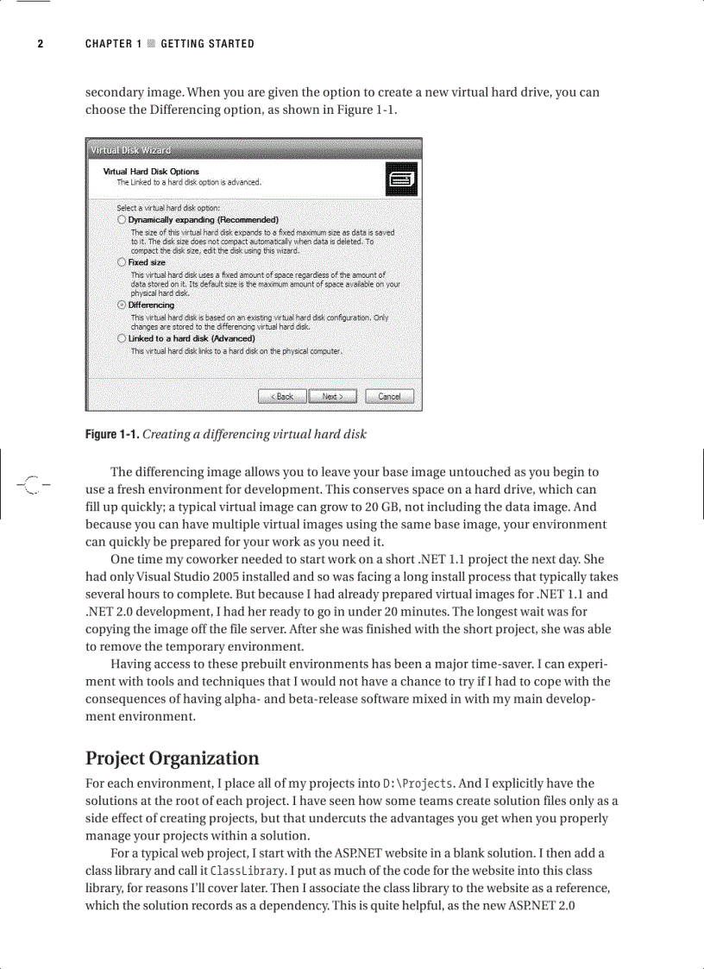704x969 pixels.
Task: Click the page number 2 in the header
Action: (40, 44)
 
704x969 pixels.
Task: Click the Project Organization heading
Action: (172, 758)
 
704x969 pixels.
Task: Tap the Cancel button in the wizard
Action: (389, 396)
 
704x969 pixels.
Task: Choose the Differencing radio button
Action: (122, 305)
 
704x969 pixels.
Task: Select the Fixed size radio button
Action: (122, 261)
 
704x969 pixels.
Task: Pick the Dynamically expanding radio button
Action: (122, 220)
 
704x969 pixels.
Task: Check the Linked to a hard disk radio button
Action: (122, 339)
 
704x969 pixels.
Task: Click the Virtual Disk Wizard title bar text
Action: (131, 150)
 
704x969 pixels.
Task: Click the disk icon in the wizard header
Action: (402, 179)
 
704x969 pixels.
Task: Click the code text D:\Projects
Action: (418, 783)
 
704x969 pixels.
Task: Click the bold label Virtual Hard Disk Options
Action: (151, 172)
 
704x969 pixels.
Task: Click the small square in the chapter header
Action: (151, 44)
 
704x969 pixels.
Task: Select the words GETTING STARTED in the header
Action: (207, 44)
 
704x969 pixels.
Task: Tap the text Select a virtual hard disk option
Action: (168, 208)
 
